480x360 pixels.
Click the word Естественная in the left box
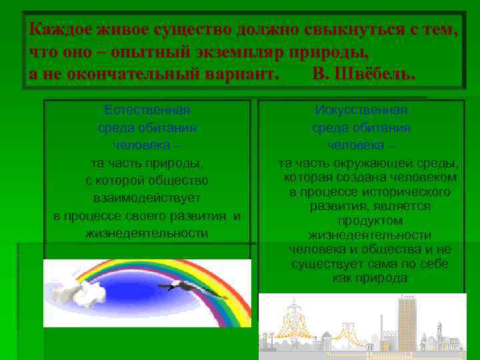[147, 110]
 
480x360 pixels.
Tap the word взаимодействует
[147, 199]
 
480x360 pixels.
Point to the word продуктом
[369, 221]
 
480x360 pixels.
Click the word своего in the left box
[157, 216]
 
